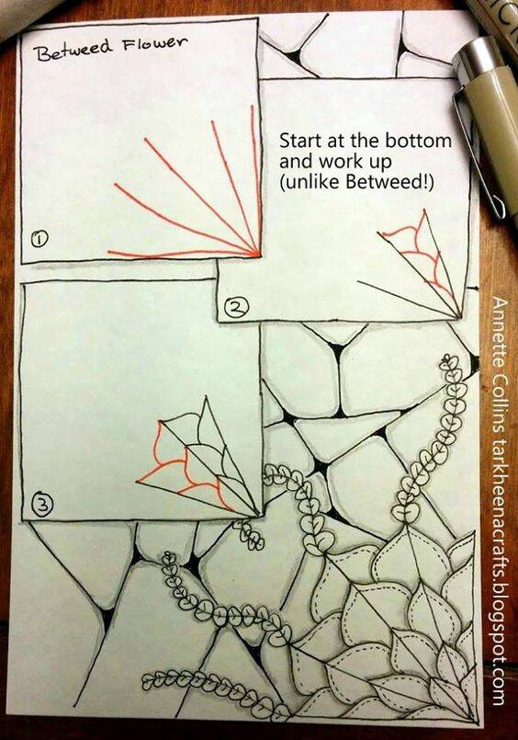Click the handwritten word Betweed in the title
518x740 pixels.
74,50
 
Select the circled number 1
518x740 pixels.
39,239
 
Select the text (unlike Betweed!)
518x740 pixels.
356,183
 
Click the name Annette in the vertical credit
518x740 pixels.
499,330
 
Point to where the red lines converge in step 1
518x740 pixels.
259,255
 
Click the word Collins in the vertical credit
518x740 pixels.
499,399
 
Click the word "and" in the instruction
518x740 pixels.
297,162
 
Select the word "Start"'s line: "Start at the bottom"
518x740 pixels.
366,141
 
